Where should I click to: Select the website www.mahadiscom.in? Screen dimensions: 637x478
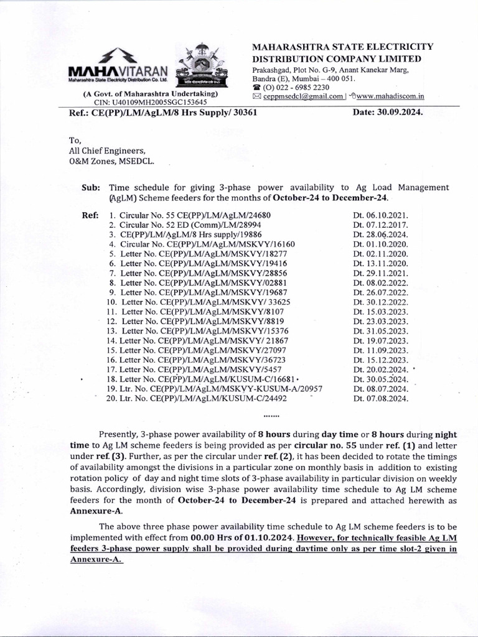(391, 96)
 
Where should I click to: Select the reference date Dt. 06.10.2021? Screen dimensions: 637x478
(380, 215)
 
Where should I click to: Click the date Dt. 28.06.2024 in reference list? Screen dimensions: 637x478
(380, 235)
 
